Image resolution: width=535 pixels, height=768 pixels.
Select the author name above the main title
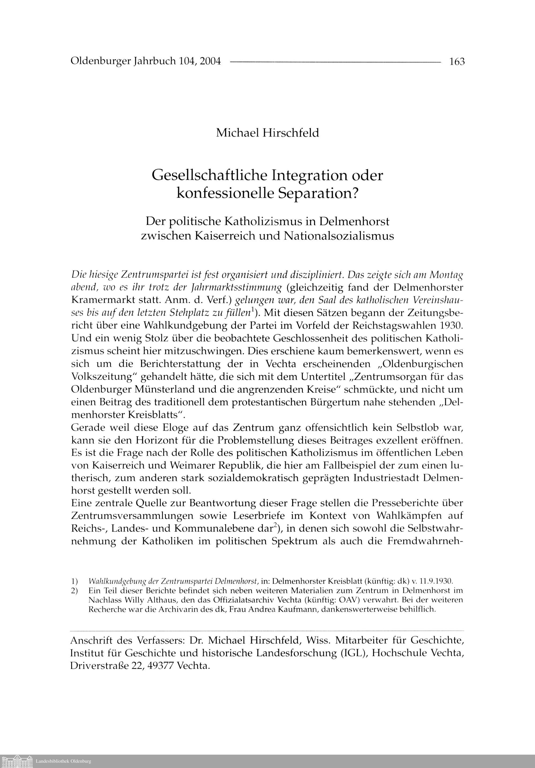[267, 133]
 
